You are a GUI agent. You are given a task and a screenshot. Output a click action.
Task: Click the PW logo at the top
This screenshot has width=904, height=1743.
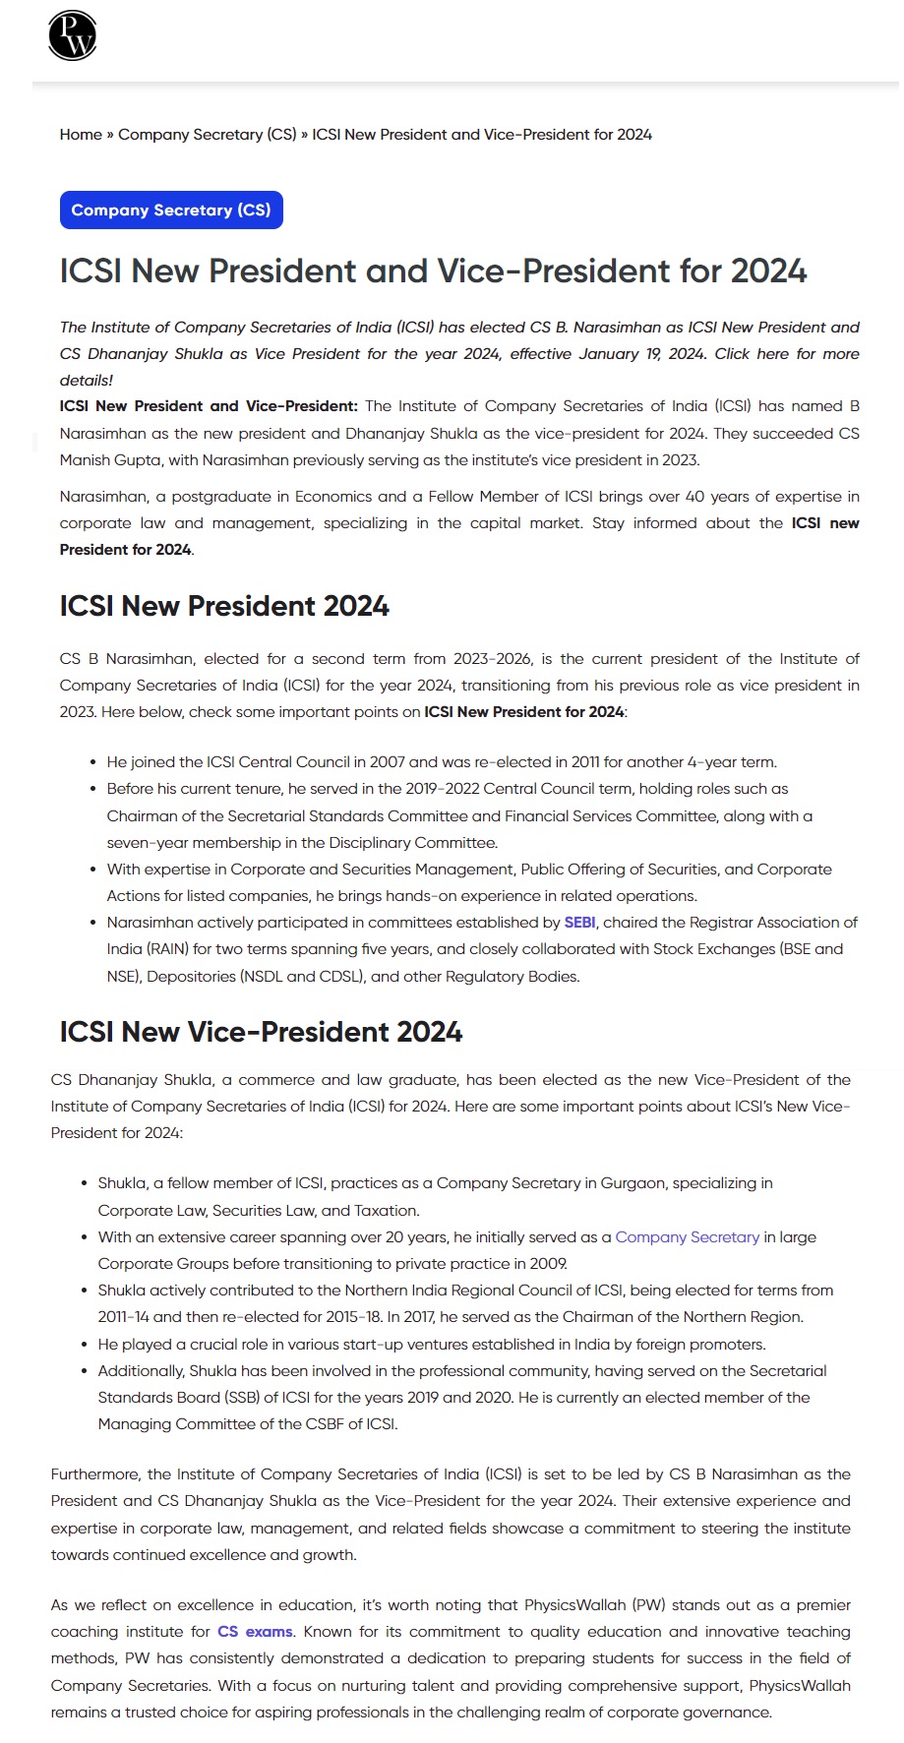pos(72,35)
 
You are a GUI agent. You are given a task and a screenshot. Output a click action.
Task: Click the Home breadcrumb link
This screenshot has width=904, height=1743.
pos(81,134)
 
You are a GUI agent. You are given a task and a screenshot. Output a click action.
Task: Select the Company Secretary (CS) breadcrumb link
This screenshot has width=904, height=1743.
pos(207,134)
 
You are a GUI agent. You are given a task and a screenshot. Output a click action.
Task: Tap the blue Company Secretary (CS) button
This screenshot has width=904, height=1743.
pos(171,210)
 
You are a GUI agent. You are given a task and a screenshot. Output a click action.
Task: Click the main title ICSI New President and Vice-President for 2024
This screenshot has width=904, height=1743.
pos(433,270)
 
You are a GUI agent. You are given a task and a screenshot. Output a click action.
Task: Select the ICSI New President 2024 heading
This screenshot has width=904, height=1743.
pos(224,606)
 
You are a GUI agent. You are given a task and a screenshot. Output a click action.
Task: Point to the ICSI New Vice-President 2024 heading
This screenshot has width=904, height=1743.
pos(261,1032)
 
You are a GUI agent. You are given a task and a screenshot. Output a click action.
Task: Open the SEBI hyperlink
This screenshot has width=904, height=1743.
pos(579,923)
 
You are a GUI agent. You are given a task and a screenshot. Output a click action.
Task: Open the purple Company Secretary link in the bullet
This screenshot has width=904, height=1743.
pos(687,1236)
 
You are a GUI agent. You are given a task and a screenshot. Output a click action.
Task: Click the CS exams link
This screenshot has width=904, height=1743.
pos(255,1632)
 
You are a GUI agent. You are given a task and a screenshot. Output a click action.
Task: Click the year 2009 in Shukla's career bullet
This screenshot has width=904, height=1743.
pos(547,1264)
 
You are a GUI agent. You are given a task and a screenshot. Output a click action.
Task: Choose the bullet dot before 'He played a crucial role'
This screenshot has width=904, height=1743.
pos(85,1345)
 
